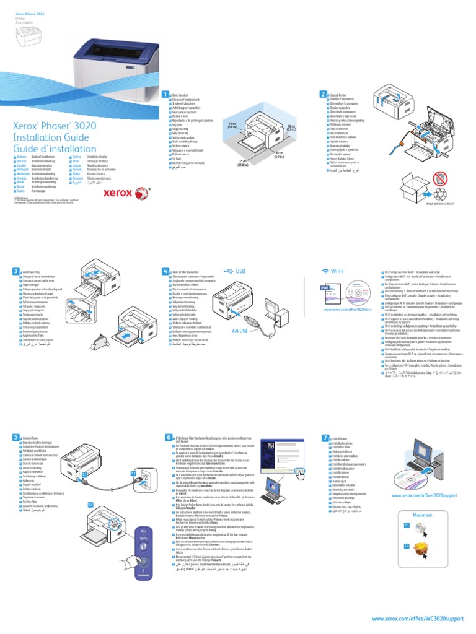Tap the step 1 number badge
click(x=165, y=94)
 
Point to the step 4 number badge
click(x=165, y=271)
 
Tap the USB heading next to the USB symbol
click(x=240, y=271)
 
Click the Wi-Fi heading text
click(x=337, y=271)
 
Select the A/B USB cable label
click(x=239, y=331)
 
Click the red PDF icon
click(x=325, y=288)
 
